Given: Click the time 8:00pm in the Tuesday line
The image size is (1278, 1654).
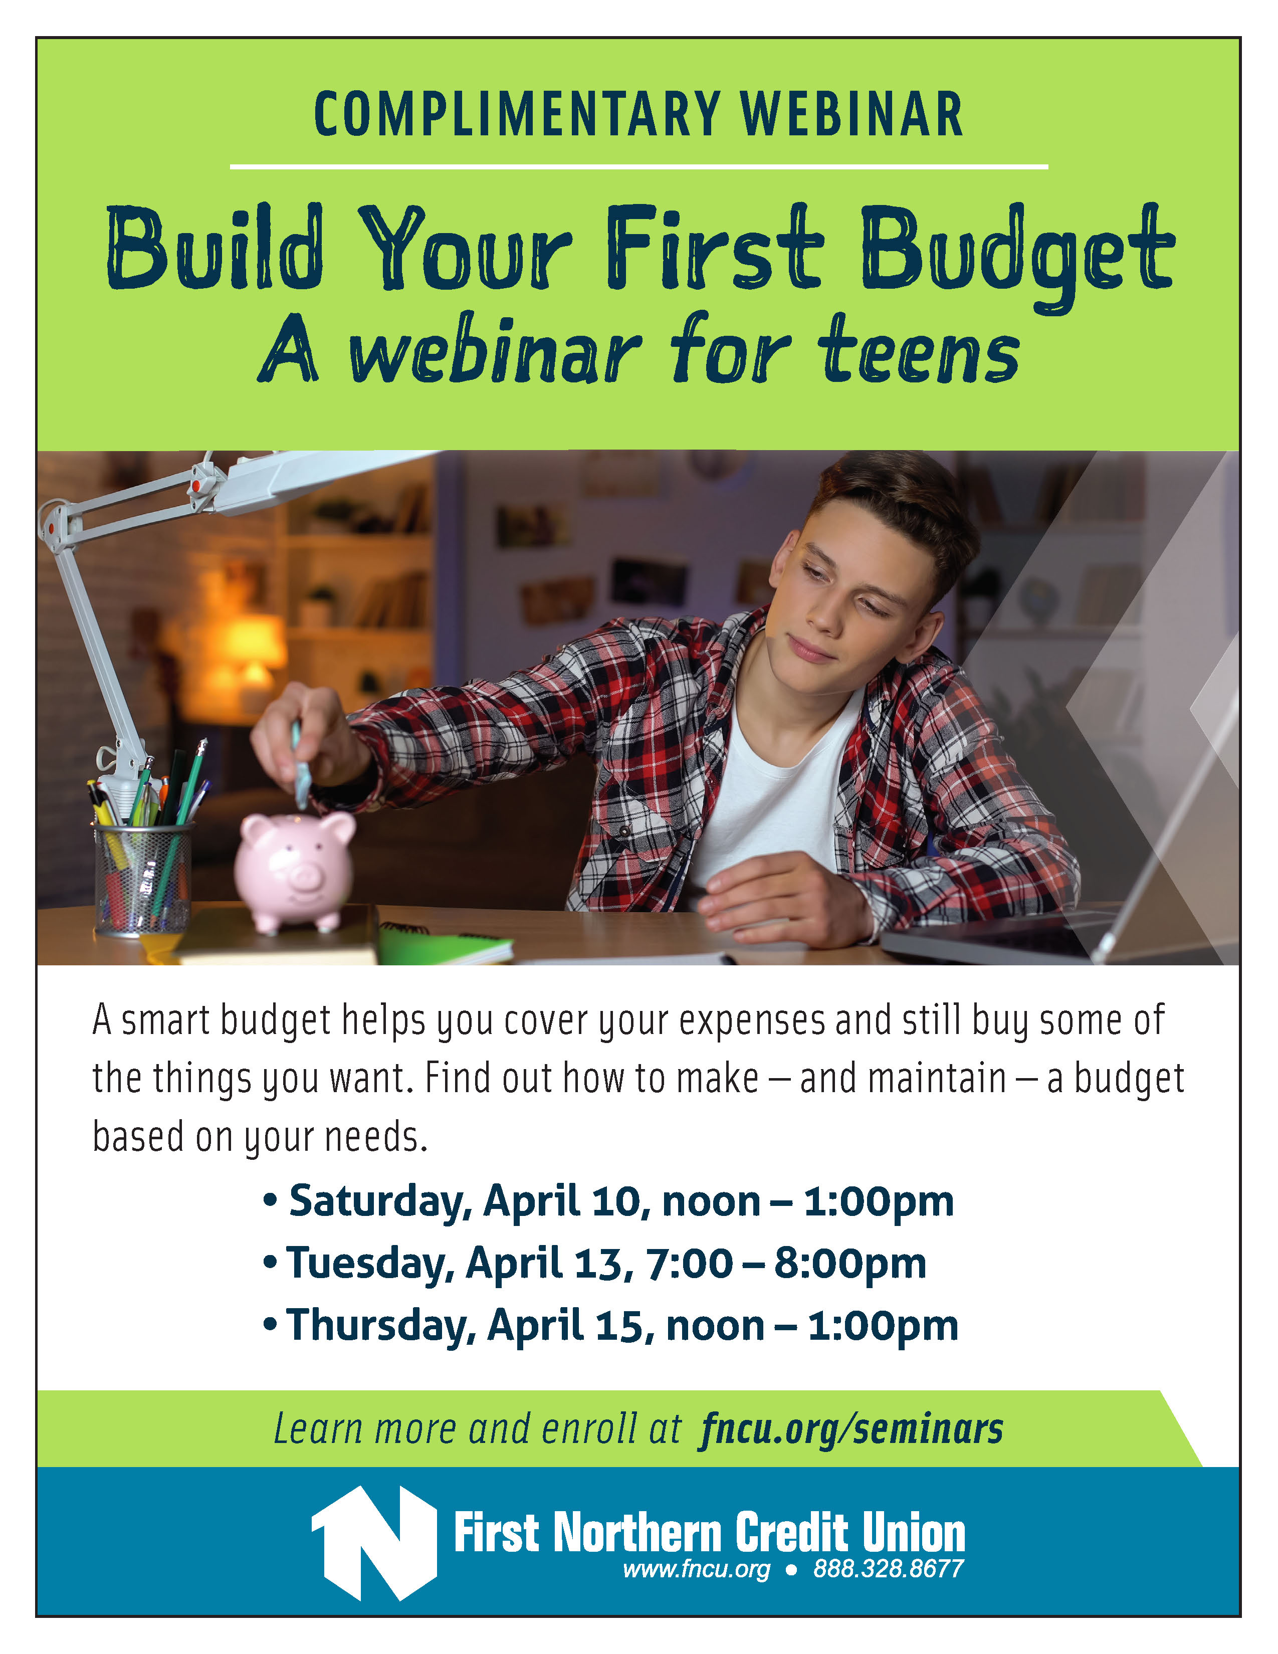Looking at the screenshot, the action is pos(849,1264).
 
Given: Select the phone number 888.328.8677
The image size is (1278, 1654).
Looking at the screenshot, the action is pos(888,1568).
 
